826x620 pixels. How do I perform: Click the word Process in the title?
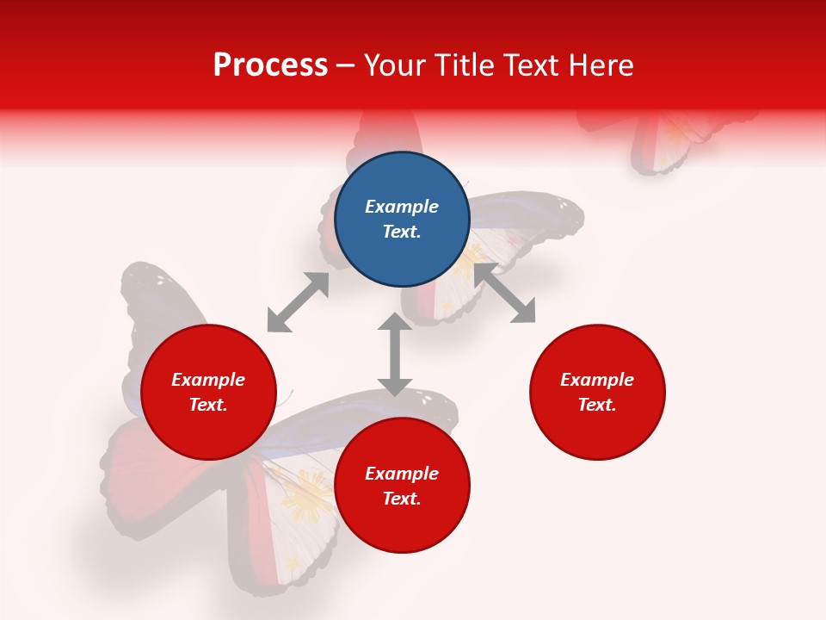[x=270, y=65]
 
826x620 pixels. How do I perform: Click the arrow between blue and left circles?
[x=298, y=302]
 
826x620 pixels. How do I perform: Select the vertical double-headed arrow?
[x=395, y=354]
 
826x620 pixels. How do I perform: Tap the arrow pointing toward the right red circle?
[x=505, y=294]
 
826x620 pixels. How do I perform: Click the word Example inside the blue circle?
[x=402, y=207]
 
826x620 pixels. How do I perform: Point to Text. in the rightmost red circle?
[x=597, y=405]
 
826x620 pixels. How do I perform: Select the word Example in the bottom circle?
[x=402, y=474]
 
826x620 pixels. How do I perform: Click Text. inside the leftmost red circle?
[x=208, y=405]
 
